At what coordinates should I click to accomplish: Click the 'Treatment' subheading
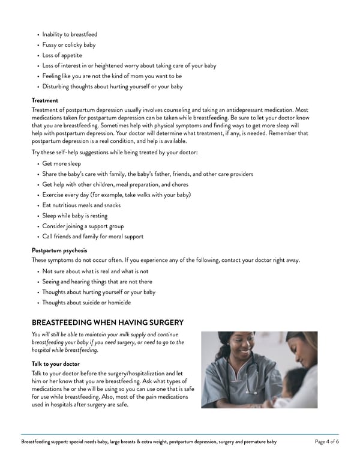(45, 100)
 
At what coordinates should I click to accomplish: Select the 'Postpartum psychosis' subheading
(59, 250)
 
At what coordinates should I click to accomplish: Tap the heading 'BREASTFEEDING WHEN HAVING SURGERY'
(107, 322)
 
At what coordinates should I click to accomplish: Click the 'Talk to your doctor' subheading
(55, 363)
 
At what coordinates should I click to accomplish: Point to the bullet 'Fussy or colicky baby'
(69, 45)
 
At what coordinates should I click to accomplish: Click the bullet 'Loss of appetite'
(62, 55)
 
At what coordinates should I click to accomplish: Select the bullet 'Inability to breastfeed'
(70, 35)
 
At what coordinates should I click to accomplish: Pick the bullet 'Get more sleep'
(62, 163)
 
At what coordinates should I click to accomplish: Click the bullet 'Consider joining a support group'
(83, 226)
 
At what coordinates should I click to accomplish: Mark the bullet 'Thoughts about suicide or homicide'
(86, 303)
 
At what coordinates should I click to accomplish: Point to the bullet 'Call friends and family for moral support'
(93, 237)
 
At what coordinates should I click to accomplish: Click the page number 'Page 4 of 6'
(326, 442)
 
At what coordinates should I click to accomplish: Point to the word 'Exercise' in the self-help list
(54, 195)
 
